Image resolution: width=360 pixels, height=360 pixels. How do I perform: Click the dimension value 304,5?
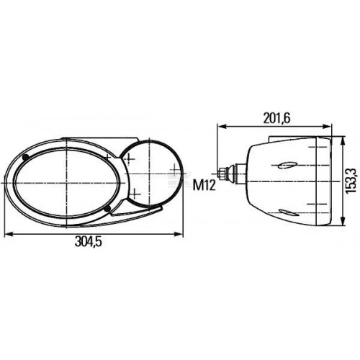click(x=89, y=241)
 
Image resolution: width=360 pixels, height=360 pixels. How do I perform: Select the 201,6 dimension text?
click(x=276, y=118)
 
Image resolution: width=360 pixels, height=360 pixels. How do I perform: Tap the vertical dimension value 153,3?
click(x=351, y=180)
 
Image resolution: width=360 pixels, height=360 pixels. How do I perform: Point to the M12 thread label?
click(x=204, y=185)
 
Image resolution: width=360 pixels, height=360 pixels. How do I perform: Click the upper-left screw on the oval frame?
click(x=25, y=158)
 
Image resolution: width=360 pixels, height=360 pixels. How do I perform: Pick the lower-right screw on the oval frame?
click(x=108, y=208)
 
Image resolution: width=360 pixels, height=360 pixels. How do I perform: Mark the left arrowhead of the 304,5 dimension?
click(x=9, y=233)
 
